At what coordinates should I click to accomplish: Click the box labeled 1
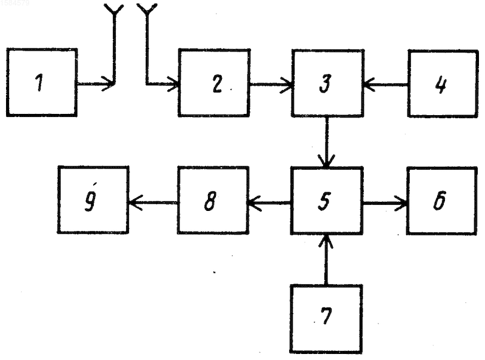[42, 82]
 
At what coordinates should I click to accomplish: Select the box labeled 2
[214, 82]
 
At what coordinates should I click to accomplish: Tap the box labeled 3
[327, 83]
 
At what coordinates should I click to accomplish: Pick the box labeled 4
[443, 84]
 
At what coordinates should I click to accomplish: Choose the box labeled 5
[327, 201]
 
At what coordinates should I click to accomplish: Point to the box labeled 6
[442, 201]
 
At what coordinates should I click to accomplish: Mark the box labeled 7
[326, 319]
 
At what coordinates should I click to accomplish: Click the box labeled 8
[213, 200]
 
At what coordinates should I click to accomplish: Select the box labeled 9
[93, 199]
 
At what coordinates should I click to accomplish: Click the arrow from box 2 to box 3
[271, 84]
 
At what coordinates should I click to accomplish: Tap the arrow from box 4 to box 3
[386, 84]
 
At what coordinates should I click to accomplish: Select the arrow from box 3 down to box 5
[327, 142]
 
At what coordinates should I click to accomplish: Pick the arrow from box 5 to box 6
[385, 203]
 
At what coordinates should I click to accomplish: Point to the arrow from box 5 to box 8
[269, 203]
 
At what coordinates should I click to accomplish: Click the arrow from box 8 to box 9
[153, 203]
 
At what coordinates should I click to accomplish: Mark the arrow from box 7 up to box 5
[326, 260]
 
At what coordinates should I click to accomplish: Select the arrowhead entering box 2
[173, 84]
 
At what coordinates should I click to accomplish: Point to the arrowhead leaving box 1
[109, 84]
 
